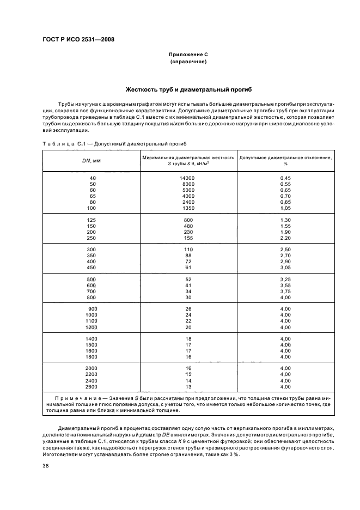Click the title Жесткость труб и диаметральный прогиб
[188, 89]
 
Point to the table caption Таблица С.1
[62, 144]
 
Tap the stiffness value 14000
[187, 178]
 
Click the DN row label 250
[91, 238]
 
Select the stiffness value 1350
[188, 208]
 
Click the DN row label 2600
[91, 387]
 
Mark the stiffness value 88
[188, 255]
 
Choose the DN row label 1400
[91, 338]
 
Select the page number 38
[45, 466]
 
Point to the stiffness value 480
[188, 226]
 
